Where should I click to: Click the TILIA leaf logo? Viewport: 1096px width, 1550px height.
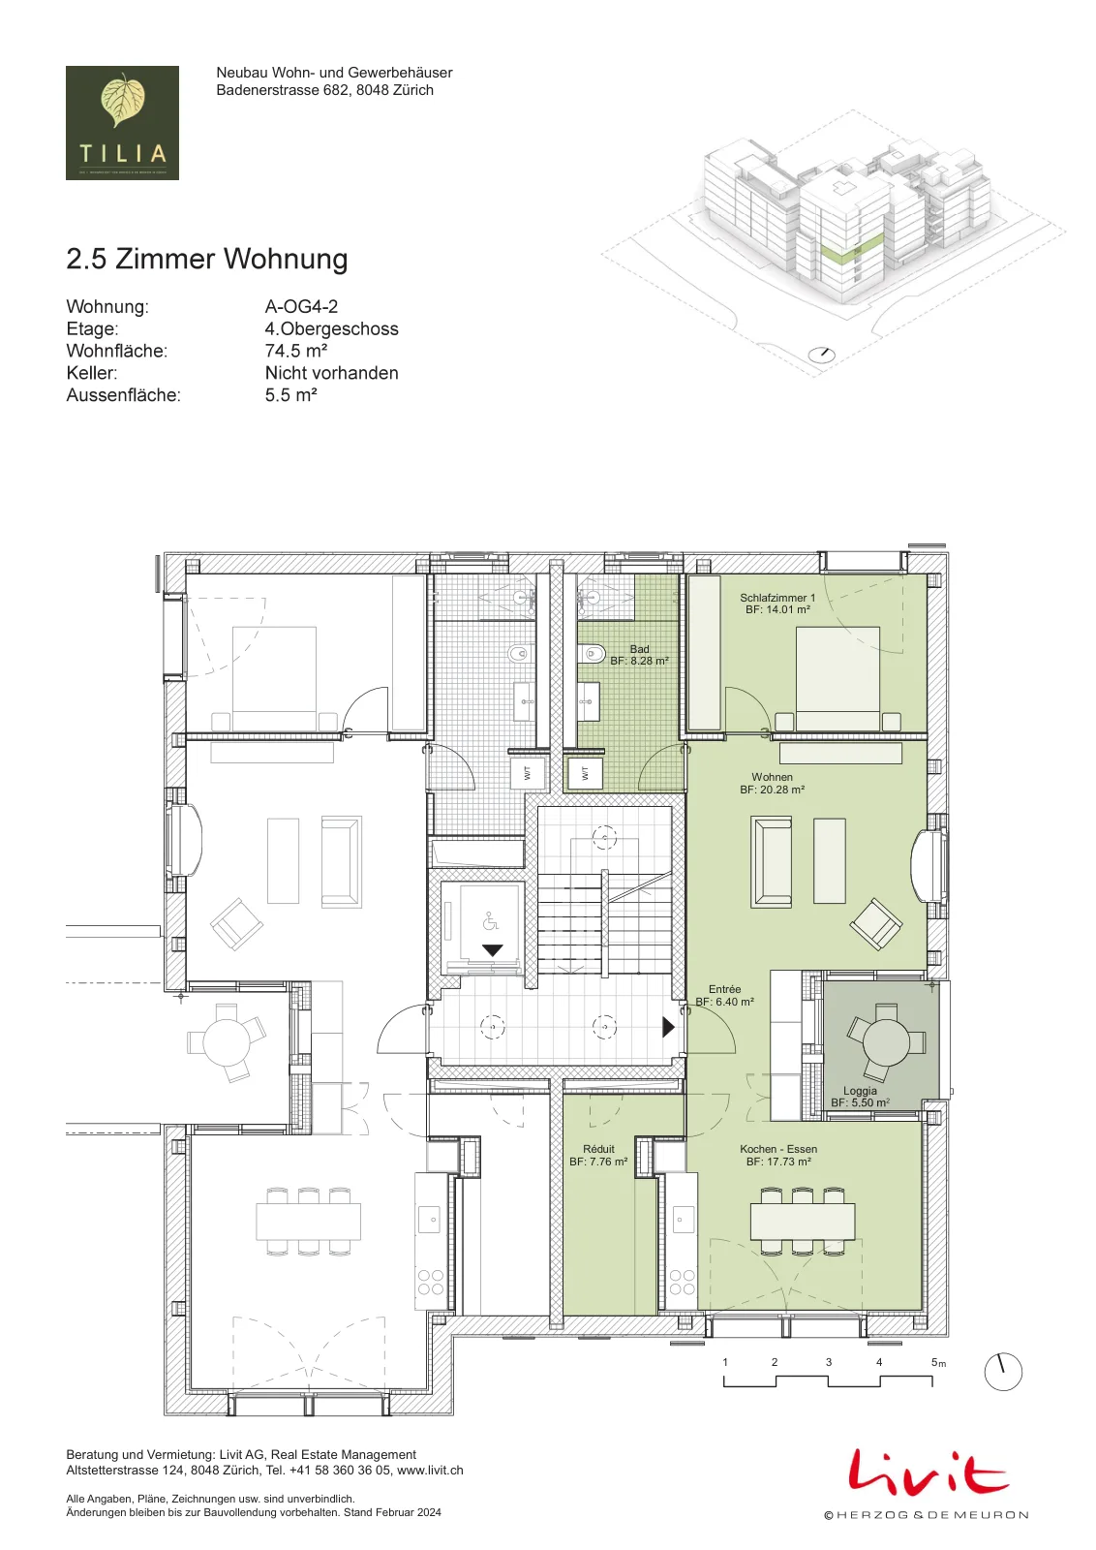pyautogui.click(x=122, y=122)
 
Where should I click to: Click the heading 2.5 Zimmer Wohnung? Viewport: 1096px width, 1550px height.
pyautogui.click(x=207, y=259)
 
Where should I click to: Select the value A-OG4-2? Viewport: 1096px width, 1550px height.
pyautogui.click(x=301, y=306)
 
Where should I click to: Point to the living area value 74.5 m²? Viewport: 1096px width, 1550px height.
pyautogui.click(x=296, y=350)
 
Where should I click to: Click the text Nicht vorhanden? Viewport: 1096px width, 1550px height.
pyautogui.click(x=332, y=372)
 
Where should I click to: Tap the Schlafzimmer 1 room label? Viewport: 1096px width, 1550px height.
pyautogui.click(x=777, y=604)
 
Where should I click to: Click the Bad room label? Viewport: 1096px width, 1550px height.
pyautogui.click(x=639, y=655)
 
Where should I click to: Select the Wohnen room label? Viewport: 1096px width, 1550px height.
pyautogui.click(x=773, y=783)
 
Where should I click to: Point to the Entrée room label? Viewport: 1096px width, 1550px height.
pyautogui.click(x=724, y=995)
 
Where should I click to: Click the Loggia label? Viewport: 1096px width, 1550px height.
pyautogui.click(x=860, y=1097)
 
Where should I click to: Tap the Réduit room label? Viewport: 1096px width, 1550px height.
pyautogui.click(x=598, y=1155)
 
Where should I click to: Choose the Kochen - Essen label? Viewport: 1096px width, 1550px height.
pyautogui.click(x=778, y=1155)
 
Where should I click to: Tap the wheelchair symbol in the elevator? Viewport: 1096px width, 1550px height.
pyautogui.click(x=490, y=921)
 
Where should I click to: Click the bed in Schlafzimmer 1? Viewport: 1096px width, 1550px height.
pyautogui.click(x=837, y=678)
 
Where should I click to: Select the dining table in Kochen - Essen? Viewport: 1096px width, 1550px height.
pyautogui.click(x=803, y=1222)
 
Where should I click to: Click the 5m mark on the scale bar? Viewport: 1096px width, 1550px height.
pyautogui.click(x=937, y=1362)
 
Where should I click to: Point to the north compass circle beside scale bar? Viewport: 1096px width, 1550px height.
pyautogui.click(x=1003, y=1372)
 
